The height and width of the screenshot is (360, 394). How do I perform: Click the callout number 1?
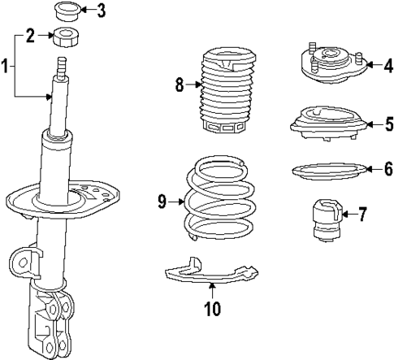(x=6, y=66)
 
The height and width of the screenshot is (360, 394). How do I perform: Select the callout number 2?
(x=30, y=35)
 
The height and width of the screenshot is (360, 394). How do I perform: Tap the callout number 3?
(x=100, y=11)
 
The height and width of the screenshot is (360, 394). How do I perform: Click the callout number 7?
(x=362, y=215)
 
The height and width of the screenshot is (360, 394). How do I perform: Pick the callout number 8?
(x=180, y=83)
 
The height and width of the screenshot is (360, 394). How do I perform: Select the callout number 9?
(x=162, y=200)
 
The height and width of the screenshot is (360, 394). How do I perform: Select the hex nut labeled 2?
(x=63, y=36)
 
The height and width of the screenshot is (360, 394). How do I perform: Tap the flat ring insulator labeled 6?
(x=323, y=171)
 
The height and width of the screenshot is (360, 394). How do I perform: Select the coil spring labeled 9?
(x=214, y=199)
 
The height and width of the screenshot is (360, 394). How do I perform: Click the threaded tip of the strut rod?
(x=62, y=65)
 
